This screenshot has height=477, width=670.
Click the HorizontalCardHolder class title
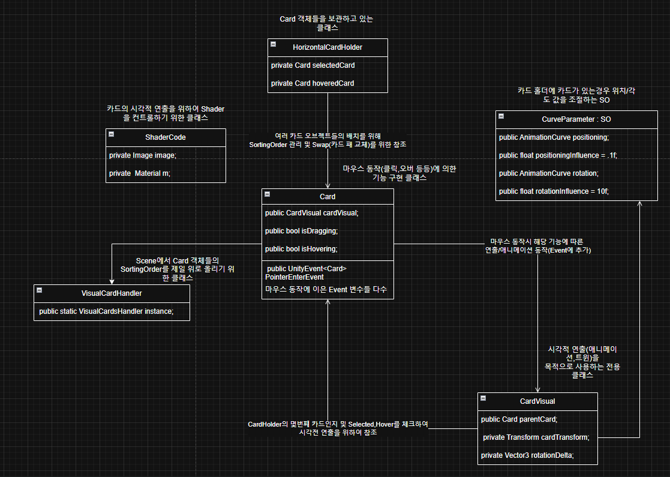click(x=328, y=47)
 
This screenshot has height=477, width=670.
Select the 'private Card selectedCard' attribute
click(x=308, y=65)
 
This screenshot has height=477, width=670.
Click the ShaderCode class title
click(x=166, y=137)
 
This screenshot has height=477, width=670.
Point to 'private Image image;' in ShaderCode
click(x=143, y=155)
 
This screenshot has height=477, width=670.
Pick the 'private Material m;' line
click(x=144, y=173)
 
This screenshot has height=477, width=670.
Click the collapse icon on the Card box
click(x=268, y=195)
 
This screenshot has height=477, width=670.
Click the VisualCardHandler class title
click(x=112, y=293)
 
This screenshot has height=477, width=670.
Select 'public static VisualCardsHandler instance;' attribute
click(x=106, y=311)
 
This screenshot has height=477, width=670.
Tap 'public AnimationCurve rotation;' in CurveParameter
click(x=548, y=173)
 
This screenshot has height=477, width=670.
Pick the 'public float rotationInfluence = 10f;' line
click(x=554, y=191)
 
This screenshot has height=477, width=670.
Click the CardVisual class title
click(x=538, y=401)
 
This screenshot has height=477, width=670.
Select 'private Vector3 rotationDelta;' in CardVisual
click(x=527, y=455)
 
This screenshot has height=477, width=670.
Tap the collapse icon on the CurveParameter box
click(x=501, y=117)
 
